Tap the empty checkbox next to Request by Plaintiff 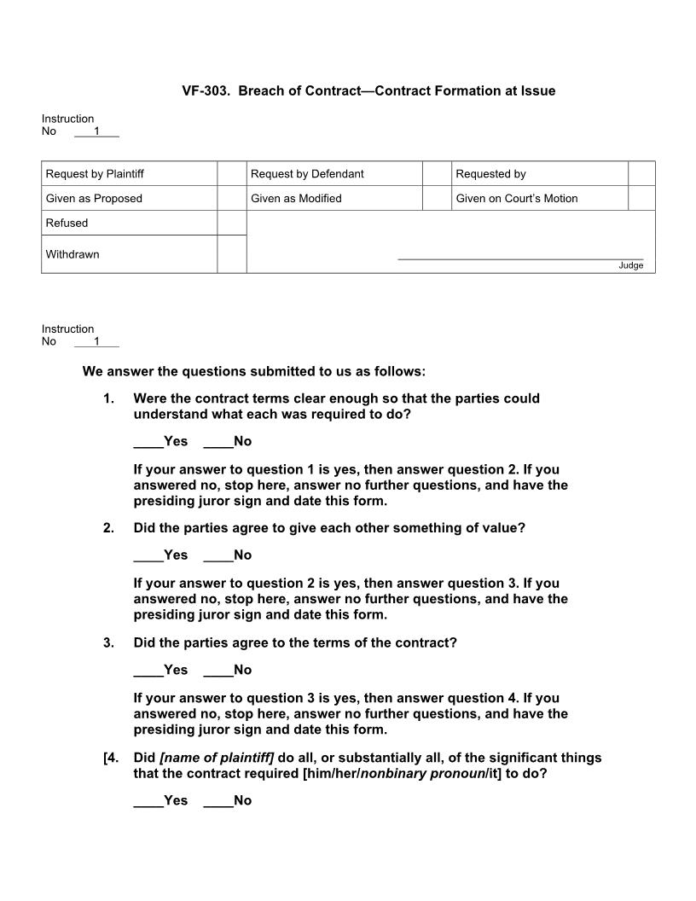231,173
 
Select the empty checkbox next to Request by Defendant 436,173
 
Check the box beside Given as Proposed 231,198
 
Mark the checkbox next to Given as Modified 436,198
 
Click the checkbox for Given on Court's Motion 641,198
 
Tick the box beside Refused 231,223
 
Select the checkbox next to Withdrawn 231,254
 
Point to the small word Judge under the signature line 631,265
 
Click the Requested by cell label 490,174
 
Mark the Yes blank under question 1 148,442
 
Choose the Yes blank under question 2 148,555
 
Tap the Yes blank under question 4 148,801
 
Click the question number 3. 108,642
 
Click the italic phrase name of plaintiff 217,758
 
